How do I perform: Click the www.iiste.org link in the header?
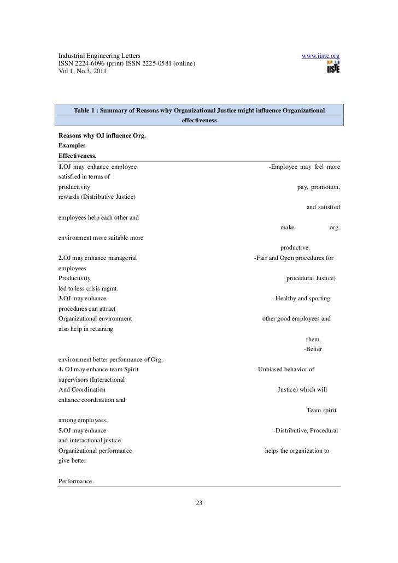[321, 56]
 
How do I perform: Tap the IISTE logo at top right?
[333, 67]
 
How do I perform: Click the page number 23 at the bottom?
[199, 503]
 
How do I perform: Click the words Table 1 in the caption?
[88, 111]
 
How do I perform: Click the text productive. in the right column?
[295, 247]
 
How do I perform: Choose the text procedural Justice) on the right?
[311, 278]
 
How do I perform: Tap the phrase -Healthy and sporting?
[301, 299]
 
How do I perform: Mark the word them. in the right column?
[314, 339]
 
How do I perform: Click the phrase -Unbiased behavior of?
[285, 370]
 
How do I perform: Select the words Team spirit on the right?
[321, 410]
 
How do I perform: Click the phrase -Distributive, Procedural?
[306, 431]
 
